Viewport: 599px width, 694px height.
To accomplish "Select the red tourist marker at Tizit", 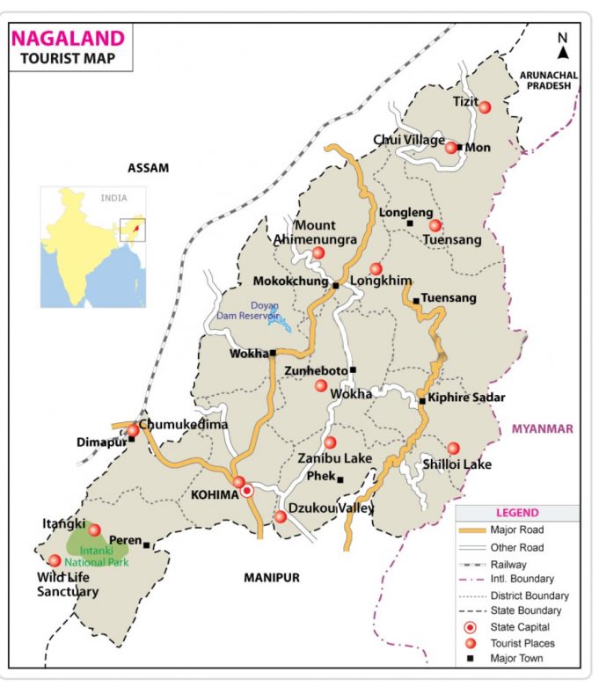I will coord(484,106).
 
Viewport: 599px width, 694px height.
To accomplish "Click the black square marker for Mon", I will coord(459,147).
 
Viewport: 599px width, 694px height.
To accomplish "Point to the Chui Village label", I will coord(409,140).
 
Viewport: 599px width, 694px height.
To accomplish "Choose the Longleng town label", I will coord(405,212).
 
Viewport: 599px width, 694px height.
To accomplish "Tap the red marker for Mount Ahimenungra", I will coord(318,253).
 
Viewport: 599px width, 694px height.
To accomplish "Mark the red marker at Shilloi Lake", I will coord(453,448).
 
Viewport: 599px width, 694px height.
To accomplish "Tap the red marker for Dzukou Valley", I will coord(280,516).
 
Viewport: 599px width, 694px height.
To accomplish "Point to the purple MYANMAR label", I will coord(542,428).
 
